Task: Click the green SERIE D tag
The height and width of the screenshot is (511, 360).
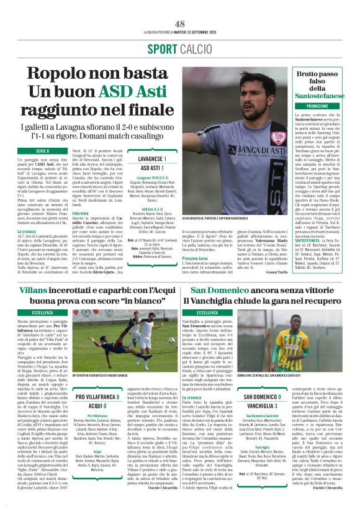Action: pos(42,151)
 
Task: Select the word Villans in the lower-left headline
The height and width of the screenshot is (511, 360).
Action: pos(33,291)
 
